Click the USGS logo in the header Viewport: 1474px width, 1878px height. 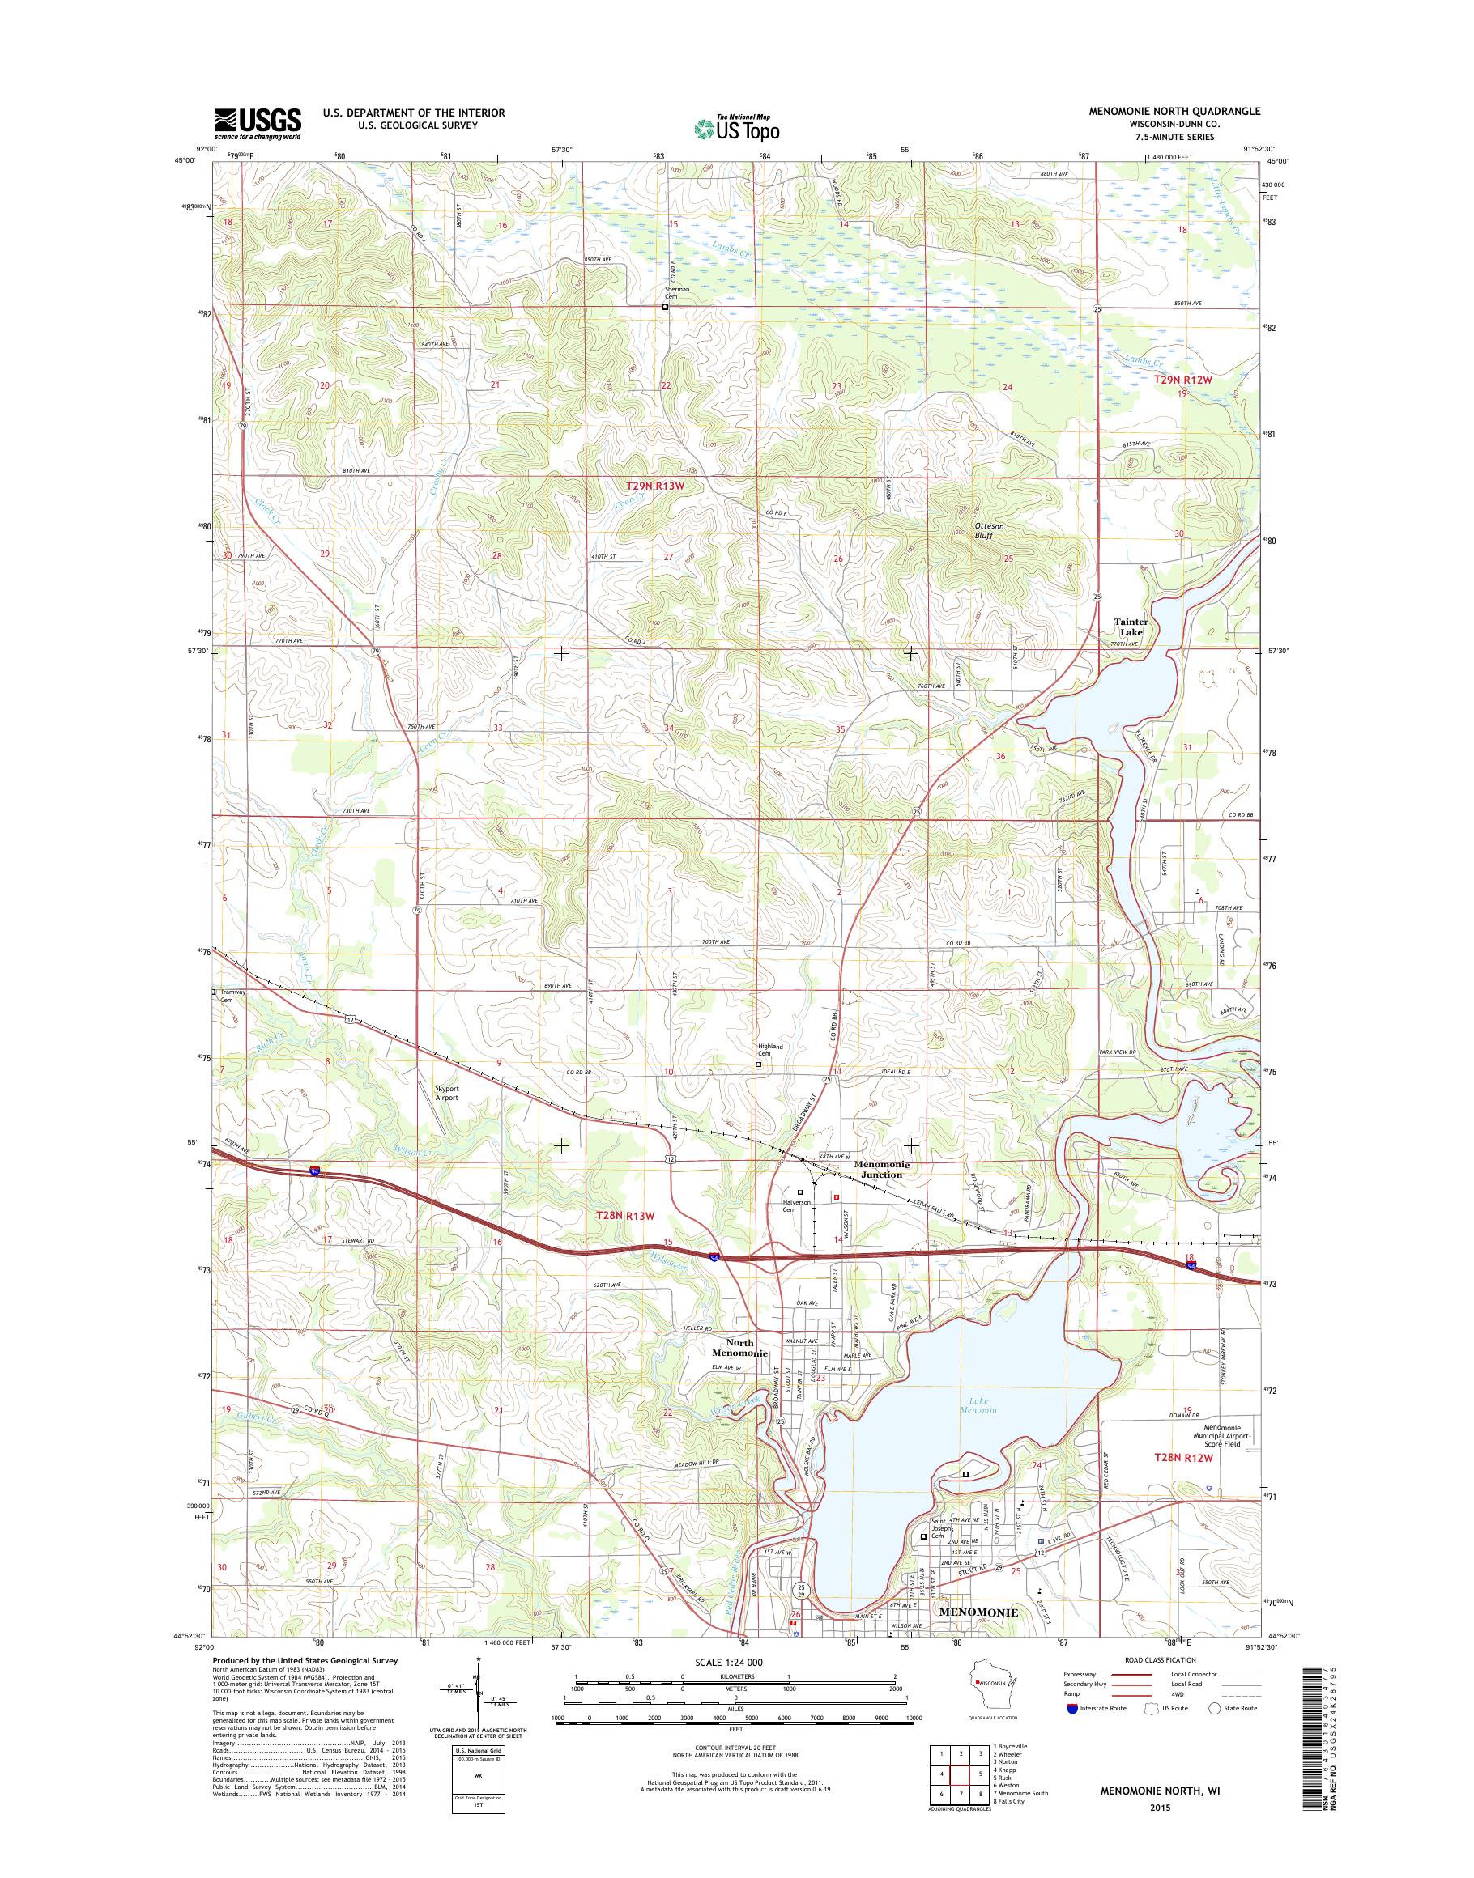258,122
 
